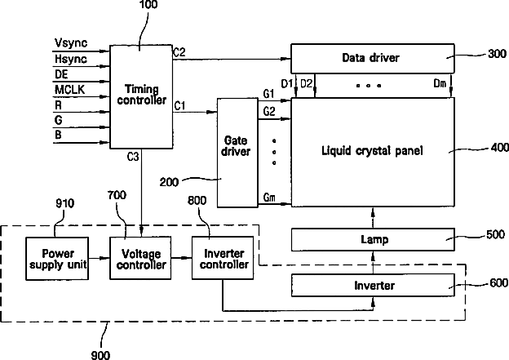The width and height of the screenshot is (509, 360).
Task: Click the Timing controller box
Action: tap(141, 97)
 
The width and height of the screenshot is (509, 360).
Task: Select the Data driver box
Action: tap(372, 59)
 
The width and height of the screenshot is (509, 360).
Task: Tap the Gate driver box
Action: tap(237, 153)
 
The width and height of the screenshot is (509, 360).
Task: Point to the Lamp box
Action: tap(373, 240)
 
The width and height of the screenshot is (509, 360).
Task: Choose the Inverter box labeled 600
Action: tap(373, 285)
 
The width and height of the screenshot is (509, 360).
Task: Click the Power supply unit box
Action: tap(57, 259)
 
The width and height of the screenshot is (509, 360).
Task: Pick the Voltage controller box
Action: tap(140, 258)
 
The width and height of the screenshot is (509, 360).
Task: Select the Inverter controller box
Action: tap(223, 258)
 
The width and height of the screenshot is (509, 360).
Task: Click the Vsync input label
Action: tap(71, 43)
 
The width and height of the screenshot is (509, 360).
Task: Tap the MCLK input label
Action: tap(69, 89)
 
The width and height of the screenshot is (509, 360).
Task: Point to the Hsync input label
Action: tap(71, 59)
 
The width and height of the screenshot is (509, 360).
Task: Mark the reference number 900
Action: tap(100, 355)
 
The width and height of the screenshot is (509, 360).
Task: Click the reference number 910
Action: tap(65, 203)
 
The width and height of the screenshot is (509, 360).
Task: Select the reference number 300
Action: tap(497, 54)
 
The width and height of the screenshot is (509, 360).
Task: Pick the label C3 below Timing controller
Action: tap(133, 157)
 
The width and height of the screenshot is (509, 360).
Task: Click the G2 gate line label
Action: tap(269, 112)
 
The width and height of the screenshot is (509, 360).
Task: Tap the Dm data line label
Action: tap(440, 83)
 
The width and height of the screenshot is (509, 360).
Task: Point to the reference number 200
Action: tap(169, 182)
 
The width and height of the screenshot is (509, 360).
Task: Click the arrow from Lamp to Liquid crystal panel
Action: tap(373, 218)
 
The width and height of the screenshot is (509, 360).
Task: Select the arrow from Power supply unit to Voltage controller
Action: tap(99, 258)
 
